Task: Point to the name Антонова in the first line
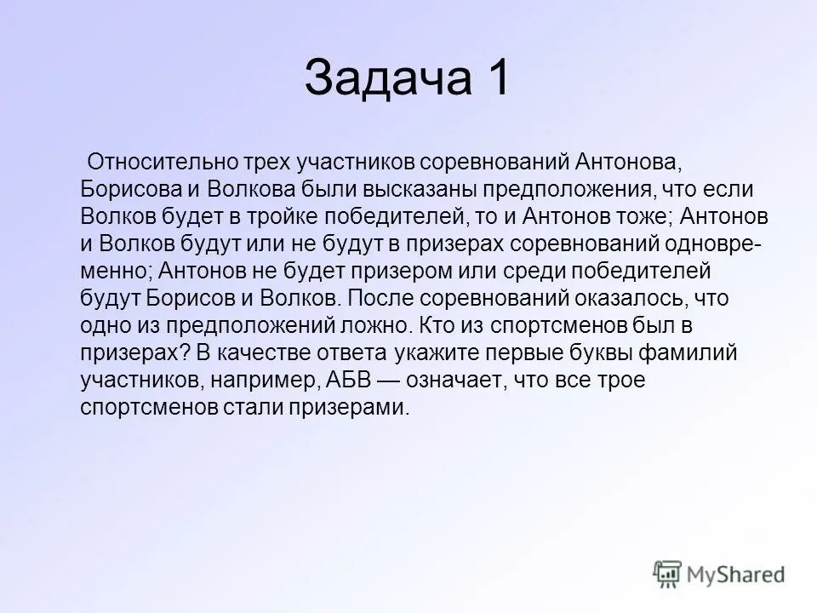[624, 162]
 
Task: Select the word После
[379, 298]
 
